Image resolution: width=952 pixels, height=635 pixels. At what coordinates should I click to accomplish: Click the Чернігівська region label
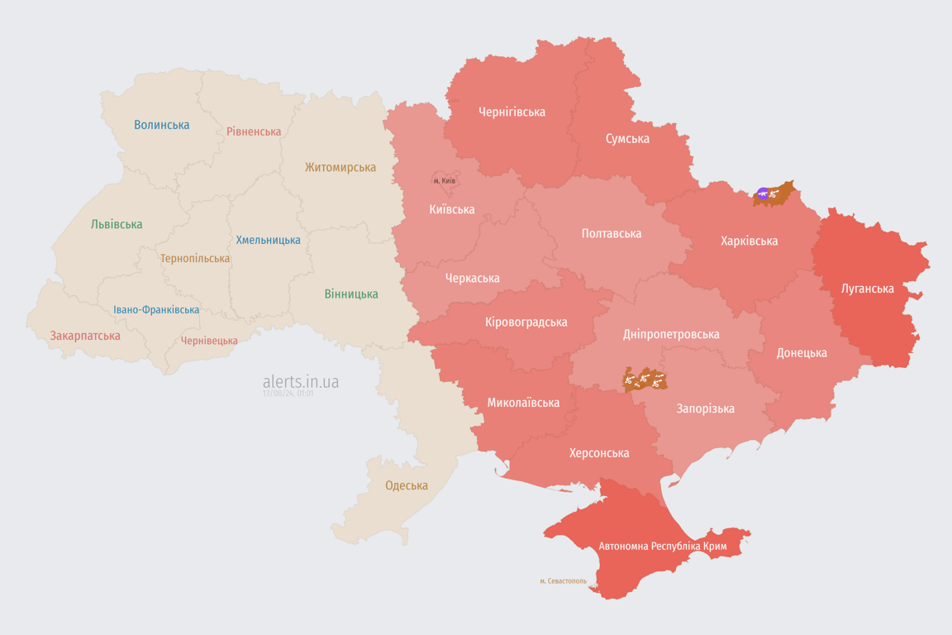[512, 112]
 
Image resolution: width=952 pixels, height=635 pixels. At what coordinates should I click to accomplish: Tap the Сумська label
[627, 139]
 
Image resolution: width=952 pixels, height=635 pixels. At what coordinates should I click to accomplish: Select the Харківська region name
[749, 241]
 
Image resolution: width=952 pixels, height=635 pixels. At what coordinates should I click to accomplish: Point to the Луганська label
[867, 289]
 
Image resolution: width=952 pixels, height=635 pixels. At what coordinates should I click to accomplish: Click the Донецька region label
[801, 353]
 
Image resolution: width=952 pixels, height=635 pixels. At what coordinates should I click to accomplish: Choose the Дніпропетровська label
[670, 335]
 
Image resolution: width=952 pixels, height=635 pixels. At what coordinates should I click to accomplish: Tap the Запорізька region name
[705, 409]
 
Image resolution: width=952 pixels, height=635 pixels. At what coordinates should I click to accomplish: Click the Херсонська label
[598, 453]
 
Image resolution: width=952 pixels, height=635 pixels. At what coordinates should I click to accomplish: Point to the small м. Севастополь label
[563, 581]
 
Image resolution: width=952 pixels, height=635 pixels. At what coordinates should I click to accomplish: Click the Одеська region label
[407, 485]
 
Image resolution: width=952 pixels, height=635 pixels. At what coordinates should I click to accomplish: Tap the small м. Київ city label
[445, 181]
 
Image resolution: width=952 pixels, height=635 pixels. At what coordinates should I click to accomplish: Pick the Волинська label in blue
[161, 125]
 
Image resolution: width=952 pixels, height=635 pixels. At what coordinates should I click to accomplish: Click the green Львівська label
[117, 224]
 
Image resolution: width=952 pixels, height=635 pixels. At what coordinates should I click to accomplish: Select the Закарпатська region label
[85, 336]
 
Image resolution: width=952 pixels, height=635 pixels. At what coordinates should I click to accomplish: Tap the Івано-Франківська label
[156, 310]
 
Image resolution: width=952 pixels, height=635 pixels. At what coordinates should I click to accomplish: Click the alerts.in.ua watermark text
[300, 382]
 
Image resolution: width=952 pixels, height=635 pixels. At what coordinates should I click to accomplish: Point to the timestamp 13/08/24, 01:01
[288, 394]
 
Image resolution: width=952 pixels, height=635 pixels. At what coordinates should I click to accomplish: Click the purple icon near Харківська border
[763, 194]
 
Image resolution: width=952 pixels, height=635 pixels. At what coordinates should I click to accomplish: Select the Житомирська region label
[340, 168]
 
